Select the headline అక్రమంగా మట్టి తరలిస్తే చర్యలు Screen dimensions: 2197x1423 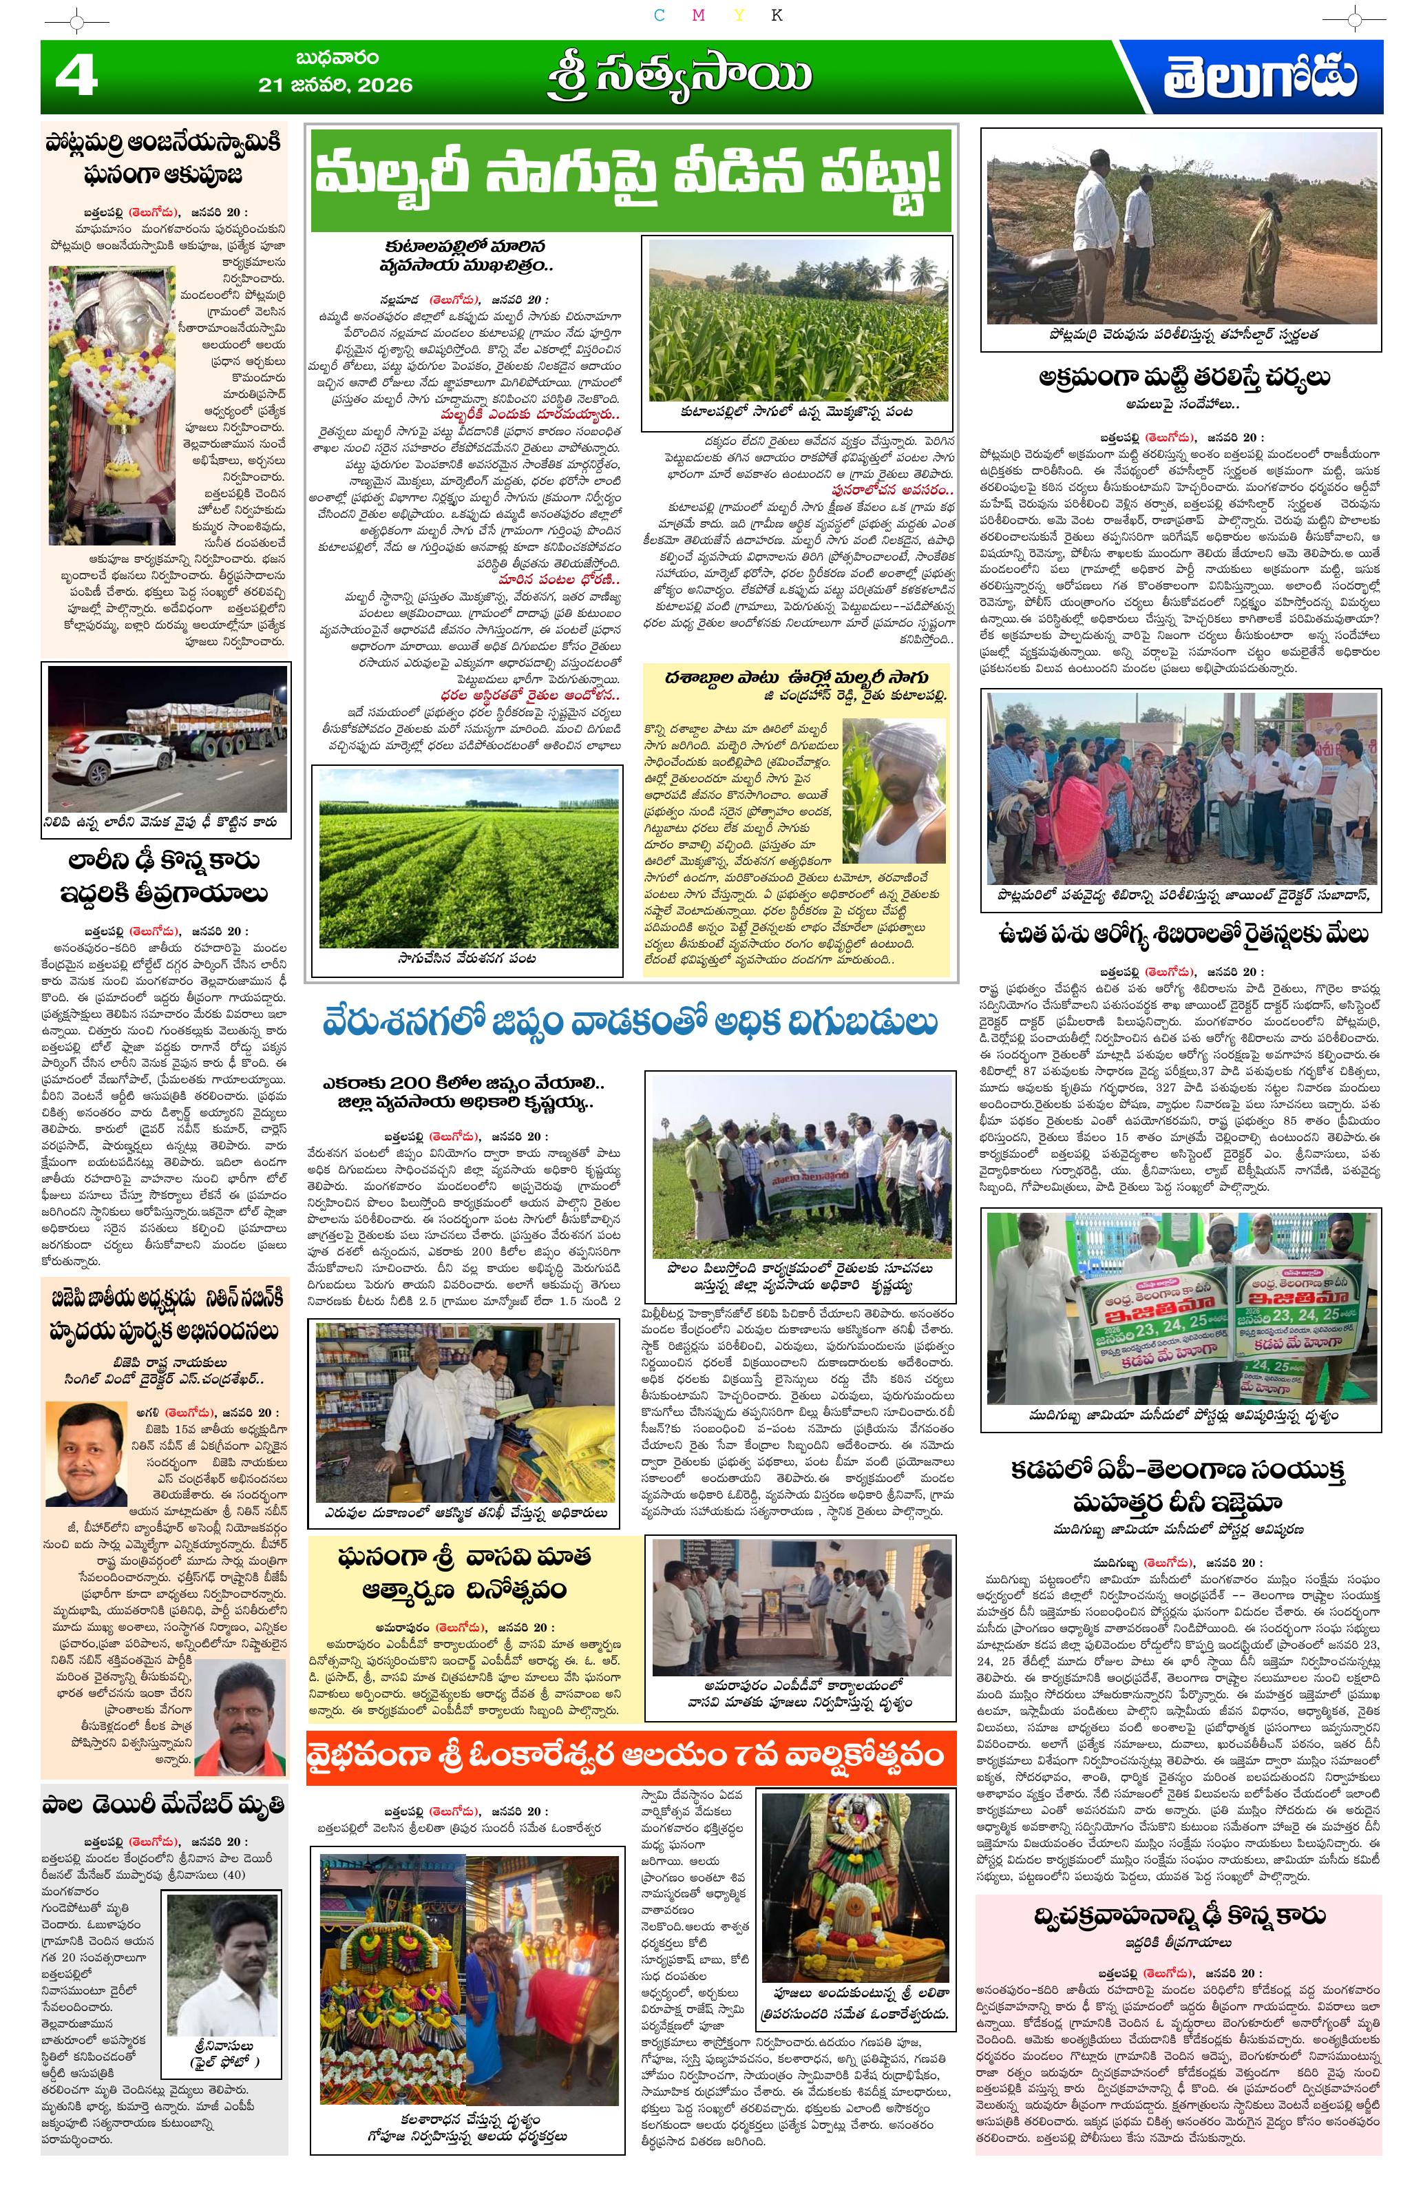click(x=1182, y=379)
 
